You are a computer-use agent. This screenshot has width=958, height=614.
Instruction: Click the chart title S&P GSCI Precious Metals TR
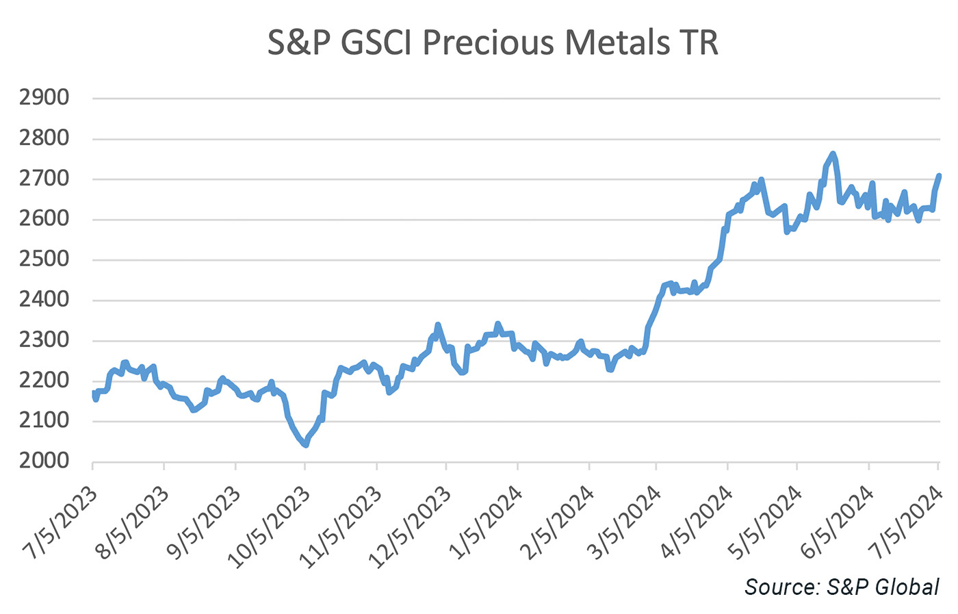pos(493,42)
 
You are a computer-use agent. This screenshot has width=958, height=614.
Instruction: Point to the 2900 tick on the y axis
pos(44,98)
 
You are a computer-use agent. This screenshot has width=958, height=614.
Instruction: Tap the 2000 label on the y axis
pos(44,461)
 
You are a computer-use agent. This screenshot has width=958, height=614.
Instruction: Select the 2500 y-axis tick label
pos(44,259)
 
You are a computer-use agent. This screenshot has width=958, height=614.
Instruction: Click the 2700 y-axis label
pos(44,179)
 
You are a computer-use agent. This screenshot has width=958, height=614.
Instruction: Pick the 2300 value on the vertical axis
pos(44,340)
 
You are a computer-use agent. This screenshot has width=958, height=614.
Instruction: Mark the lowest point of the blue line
pos(305,445)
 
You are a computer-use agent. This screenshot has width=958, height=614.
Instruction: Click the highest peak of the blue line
pos(832,154)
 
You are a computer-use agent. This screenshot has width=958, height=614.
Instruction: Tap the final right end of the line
pos(939,176)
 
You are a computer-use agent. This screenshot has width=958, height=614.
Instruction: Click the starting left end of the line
pos(93,392)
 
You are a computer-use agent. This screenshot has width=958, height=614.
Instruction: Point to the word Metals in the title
pos(617,42)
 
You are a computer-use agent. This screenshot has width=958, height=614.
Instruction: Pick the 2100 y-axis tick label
pos(44,420)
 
